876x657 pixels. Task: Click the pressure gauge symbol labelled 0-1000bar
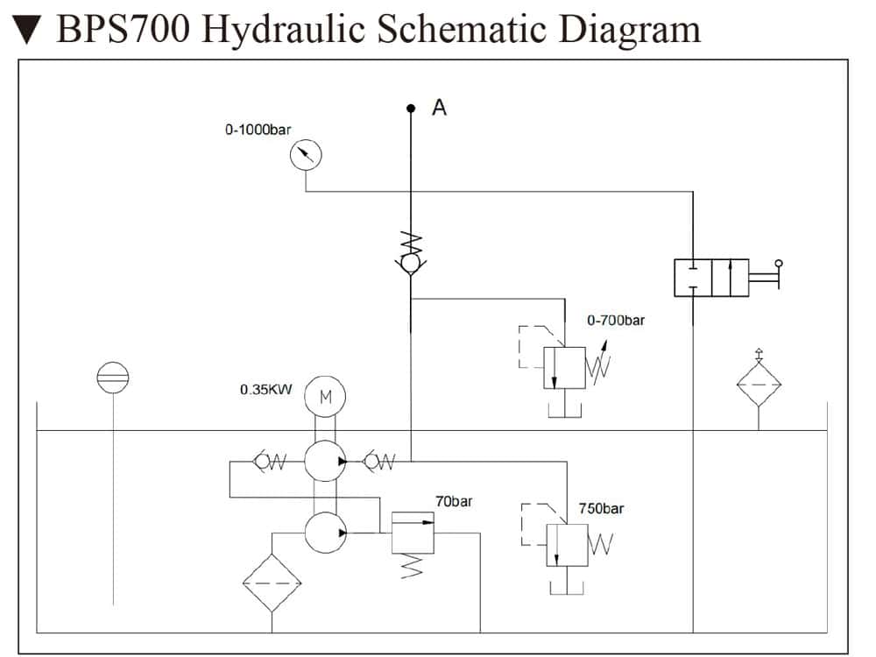[x=306, y=156]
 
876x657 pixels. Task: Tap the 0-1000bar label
[x=258, y=130]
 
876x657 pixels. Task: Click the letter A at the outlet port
[x=440, y=108]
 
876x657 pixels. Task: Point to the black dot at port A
[x=410, y=109]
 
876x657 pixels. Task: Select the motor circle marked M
[x=325, y=397]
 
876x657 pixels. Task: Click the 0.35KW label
[x=265, y=389]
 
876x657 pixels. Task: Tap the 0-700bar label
[x=616, y=321]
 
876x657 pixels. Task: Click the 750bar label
[x=601, y=508]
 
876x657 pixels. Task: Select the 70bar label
[x=454, y=502]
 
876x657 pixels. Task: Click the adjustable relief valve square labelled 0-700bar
[x=564, y=368]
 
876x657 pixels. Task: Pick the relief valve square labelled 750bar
[x=567, y=544]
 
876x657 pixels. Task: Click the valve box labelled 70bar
[x=413, y=532]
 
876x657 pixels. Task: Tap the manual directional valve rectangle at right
[x=710, y=278]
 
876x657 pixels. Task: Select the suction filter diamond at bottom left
[x=272, y=583]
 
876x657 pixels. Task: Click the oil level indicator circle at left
[x=114, y=377]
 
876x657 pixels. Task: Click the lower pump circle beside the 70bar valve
[x=325, y=532]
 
